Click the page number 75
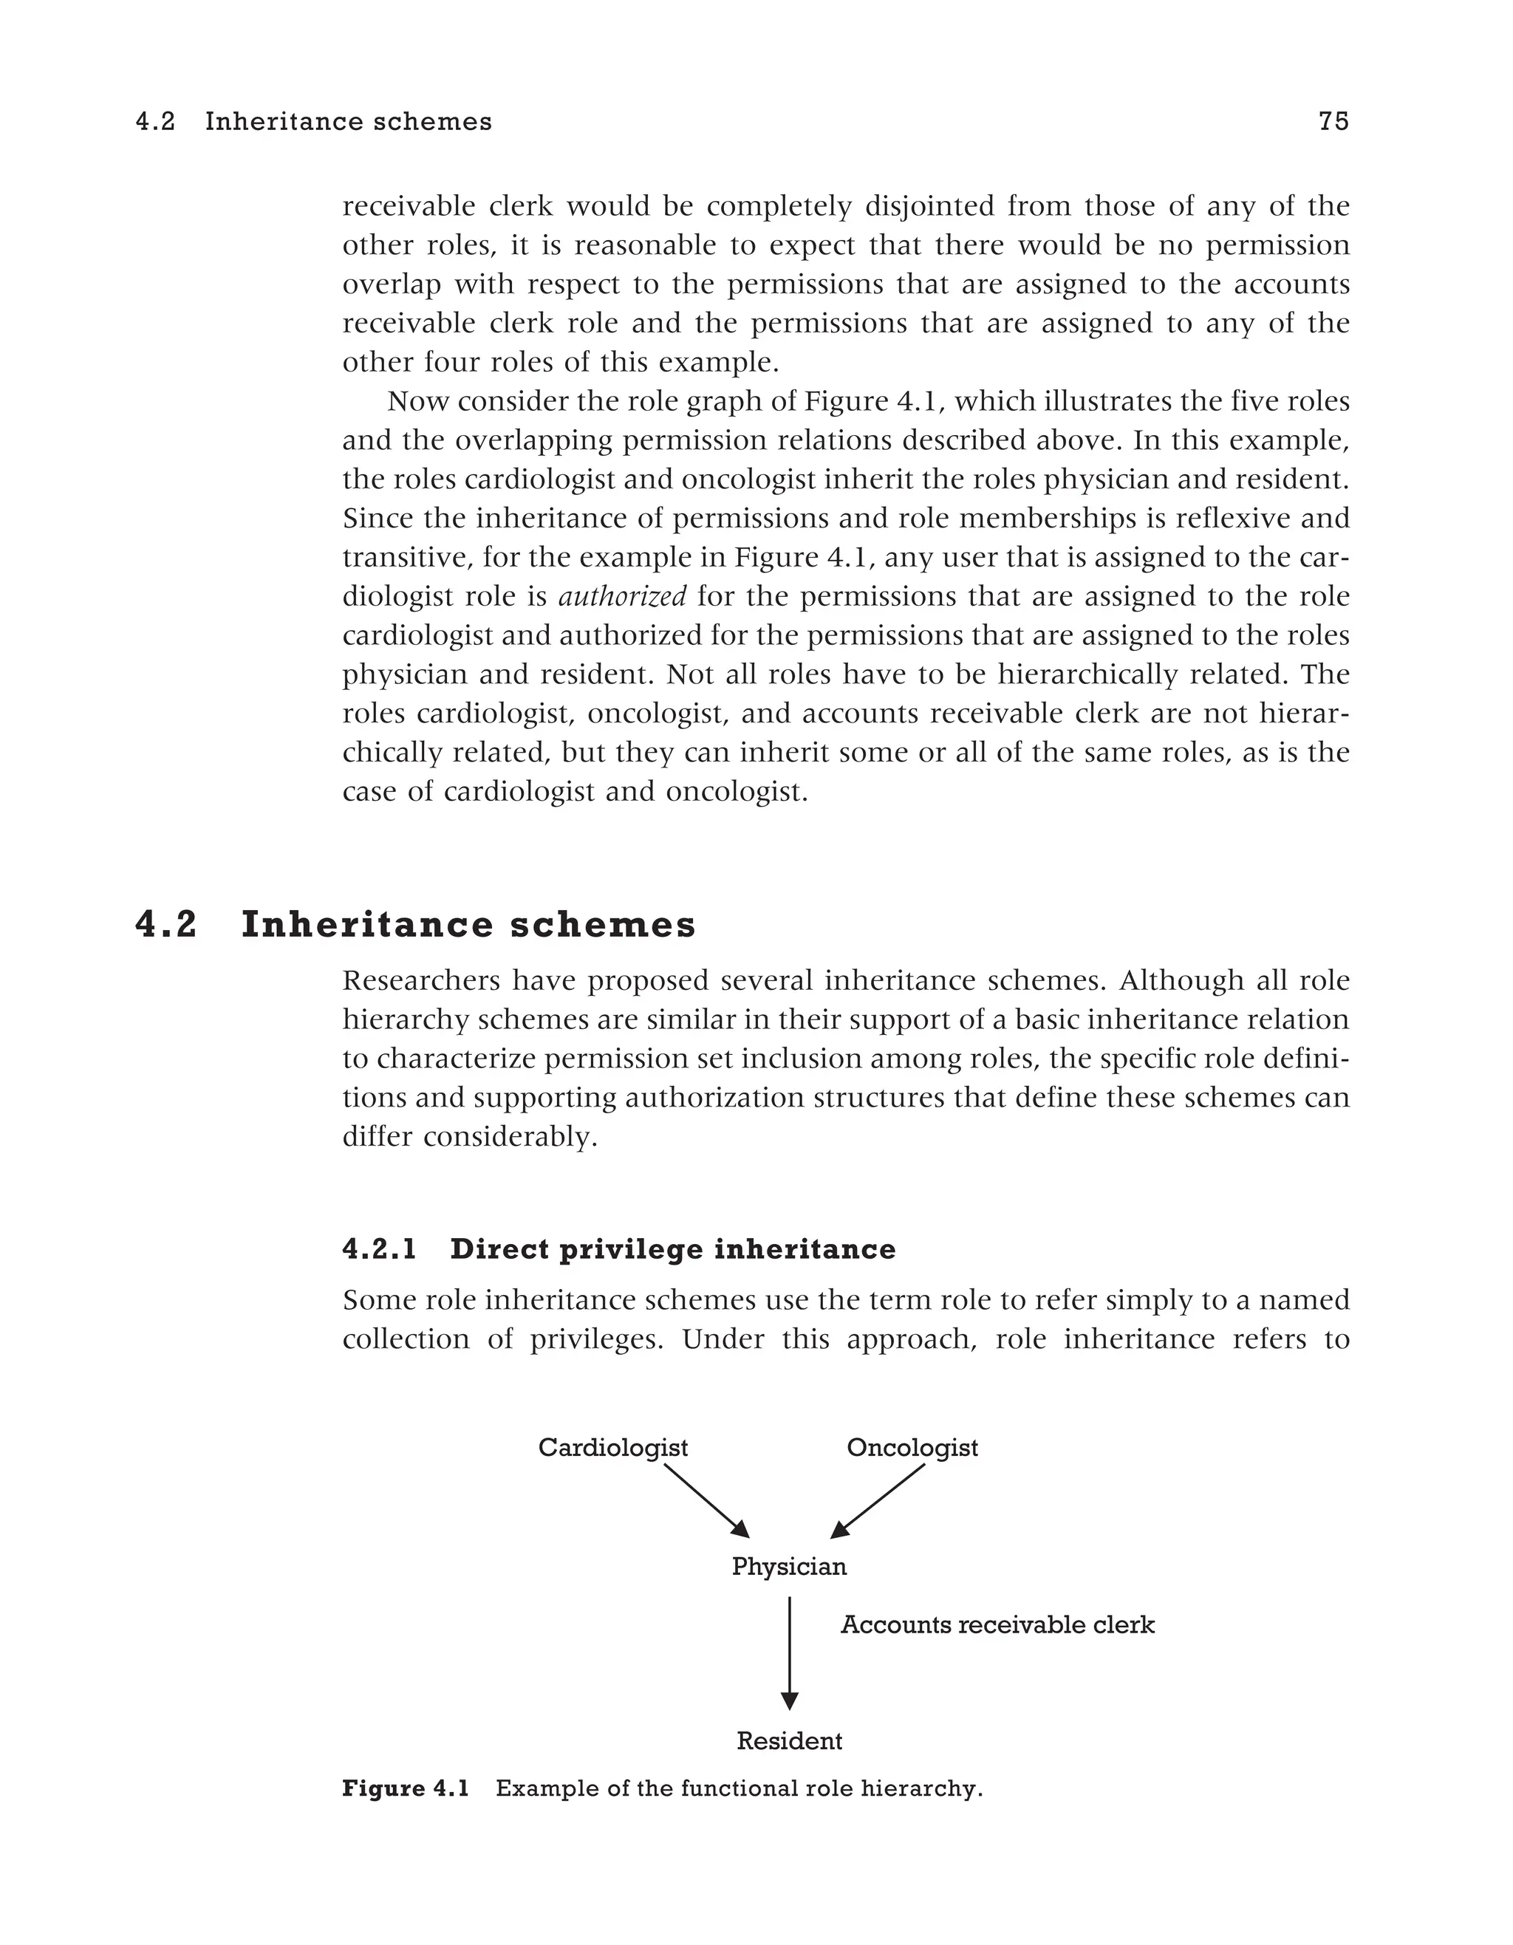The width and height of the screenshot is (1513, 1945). click(1333, 122)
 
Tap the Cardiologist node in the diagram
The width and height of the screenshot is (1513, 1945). click(612, 1448)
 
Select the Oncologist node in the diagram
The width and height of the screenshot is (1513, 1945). click(912, 1448)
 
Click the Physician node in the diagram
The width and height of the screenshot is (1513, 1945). click(789, 1567)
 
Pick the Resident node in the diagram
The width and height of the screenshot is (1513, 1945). click(789, 1741)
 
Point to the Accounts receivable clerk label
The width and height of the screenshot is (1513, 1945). click(997, 1625)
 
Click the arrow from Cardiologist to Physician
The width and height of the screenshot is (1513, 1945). click(706, 1502)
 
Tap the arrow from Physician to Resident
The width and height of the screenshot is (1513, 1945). click(789, 1652)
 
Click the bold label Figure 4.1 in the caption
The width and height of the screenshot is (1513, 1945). click(405, 1789)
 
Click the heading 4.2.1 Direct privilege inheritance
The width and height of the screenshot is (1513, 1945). click(619, 1249)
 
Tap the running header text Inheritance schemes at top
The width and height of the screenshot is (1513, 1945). click(348, 122)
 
